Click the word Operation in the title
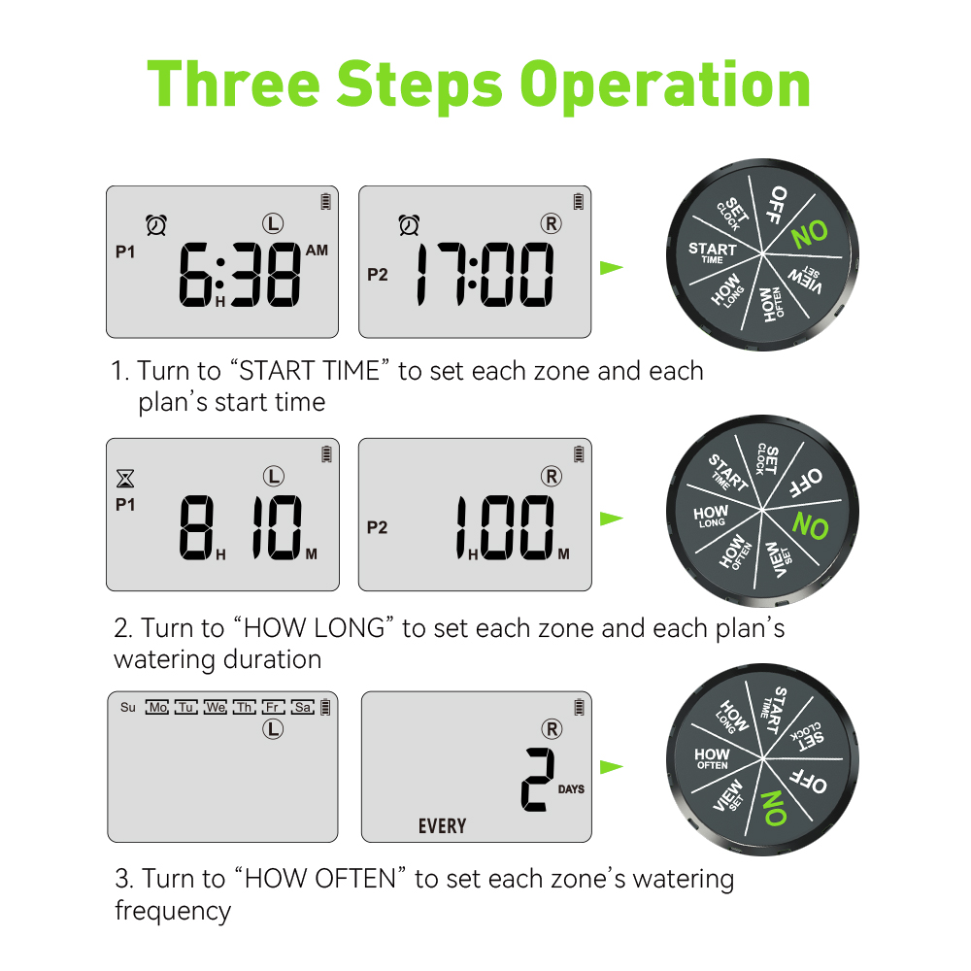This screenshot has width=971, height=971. pyautogui.click(x=665, y=85)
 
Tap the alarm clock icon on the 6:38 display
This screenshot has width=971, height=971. pyautogui.click(x=156, y=225)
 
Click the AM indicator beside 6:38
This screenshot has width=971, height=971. pyautogui.click(x=317, y=251)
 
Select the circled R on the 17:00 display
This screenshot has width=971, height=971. pyautogui.click(x=551, y=223)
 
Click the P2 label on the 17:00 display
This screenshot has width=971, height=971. pyautogui.click(x=377, y=275)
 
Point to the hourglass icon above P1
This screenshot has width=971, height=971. pyautogui.click(x=125, y=479)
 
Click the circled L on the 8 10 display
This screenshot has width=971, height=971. pyautogui.click(x=273, y=476)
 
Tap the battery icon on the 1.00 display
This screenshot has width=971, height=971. pyautogui.click(x=579, y=453)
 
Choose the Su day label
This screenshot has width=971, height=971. pyautogui.click(x=128, y=707)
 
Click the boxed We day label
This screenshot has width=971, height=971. pyautogui.click(x=216, y=707)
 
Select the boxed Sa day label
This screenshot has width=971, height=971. pyautogui.click(x=303, y=707)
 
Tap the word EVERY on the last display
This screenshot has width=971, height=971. pyautogui.click(x=442, y=826)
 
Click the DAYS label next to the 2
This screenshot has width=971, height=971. pyautogui.click(x=571, y=788)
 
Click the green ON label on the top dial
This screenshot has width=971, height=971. pyautogui.click(x=810, y=234)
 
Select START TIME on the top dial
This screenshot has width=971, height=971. pyautogui.click(x=712, y=252)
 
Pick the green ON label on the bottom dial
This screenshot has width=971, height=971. pyautogui.click(x=775, y=808)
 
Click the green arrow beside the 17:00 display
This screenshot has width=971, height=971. pyautogui.click(x=612, y=268)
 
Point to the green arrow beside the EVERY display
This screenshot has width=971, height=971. pyautogui.click(x=612, y=767)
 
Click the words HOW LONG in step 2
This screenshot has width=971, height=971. pyautogui.click(x=318, y=628)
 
